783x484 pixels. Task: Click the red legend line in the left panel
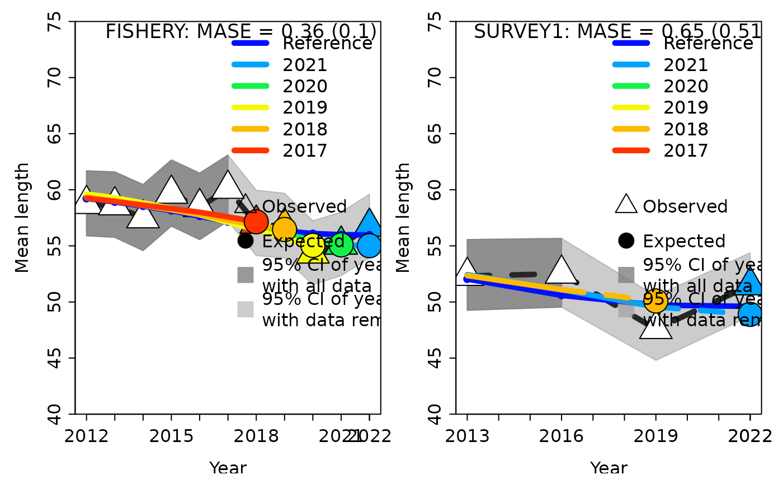[250, 150]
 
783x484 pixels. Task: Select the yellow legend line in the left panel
[250, 107]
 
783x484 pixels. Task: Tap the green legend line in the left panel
[250, 86]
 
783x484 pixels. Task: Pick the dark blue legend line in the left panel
[250, 43]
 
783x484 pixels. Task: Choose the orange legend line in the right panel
[631, 129]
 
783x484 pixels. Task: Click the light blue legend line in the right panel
[631, 64]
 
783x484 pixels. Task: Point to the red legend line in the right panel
[631, 150]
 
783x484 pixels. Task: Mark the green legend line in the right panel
[631, 86]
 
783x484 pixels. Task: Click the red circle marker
[256, 222]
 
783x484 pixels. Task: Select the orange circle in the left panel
[284, 229]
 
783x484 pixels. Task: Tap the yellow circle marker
[313, 245]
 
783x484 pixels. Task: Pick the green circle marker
[341, 245]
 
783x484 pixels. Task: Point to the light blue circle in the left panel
[369, 246]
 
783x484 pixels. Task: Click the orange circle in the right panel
[655, 301]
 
